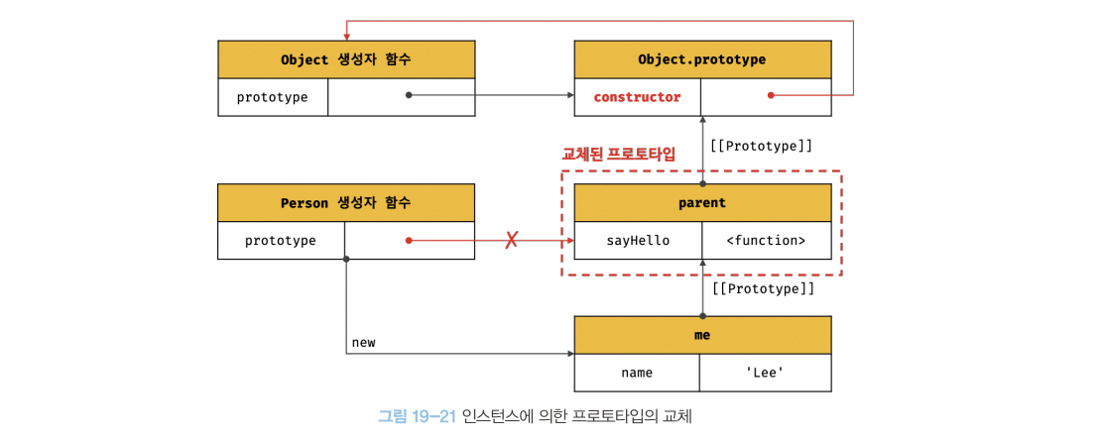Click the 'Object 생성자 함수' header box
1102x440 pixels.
click(346, 59)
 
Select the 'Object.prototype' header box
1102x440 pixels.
click(703, 59)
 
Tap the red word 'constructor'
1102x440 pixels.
click(637, 97)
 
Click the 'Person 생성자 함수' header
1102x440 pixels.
click(346, 203)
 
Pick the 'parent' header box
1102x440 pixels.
click(703, 203)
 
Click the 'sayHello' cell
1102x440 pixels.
click(638, 240)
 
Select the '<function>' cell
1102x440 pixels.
click(767, 240)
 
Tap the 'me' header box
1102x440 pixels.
click(703, 335)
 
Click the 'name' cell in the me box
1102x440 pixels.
click(637, 373)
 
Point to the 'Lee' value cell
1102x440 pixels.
click(766, 373)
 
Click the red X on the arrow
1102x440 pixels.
click(512, 240)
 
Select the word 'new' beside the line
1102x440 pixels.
click(364, 342)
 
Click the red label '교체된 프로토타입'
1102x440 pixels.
click(619, 154)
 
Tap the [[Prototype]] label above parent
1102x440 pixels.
click(762, 146)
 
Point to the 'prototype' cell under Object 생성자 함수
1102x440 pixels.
click(272, 97)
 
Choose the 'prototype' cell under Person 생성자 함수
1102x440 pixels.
click(281, 240)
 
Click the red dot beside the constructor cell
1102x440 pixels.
click(771, 96)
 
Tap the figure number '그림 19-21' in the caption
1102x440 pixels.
click(417, 416)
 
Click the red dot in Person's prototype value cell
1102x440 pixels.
click(408, 240)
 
